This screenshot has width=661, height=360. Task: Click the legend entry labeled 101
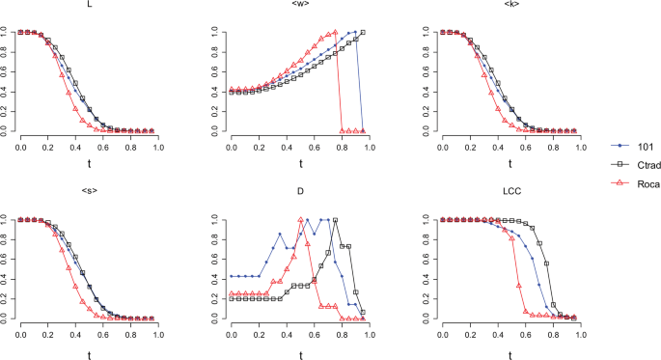[633, 145]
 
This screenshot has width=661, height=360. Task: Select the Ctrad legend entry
[636, 164]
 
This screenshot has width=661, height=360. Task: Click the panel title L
[90, 6]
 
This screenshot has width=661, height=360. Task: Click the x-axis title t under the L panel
[90, 166]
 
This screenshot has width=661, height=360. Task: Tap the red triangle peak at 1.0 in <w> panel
[335, 32]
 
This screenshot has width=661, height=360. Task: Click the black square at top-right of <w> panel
[363, 32]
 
